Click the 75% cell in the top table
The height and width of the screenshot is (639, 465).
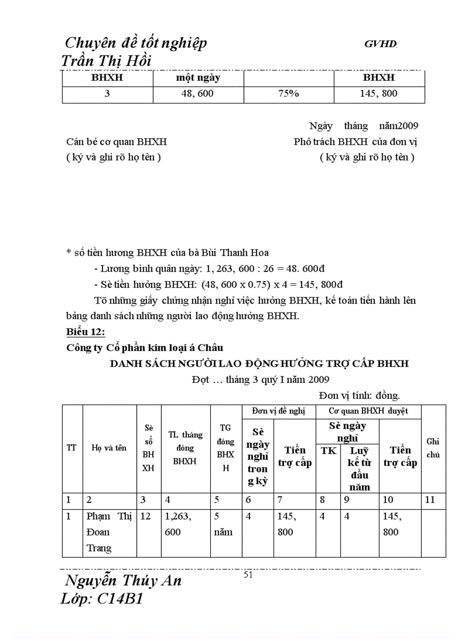click(x=288, y=94)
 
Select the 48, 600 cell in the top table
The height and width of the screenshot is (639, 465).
click(x=197, y=94)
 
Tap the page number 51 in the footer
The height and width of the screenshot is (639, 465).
click(x=248, y=575)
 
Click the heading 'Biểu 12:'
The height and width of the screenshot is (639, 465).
click(x=86, y=332)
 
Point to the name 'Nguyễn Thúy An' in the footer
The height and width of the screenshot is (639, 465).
click(x=123, y=581)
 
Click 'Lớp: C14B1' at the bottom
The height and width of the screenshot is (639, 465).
click(x=101, y=599)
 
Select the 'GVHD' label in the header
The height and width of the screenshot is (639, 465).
click(x=380, y=44)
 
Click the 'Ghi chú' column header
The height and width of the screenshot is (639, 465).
click(x=433, y=448)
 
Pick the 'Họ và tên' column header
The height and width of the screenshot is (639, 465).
click(x=109, y=448)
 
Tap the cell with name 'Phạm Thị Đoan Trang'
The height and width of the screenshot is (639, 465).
click(x=109, y=533)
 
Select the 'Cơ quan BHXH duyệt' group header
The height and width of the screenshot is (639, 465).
click(x=368, y=411)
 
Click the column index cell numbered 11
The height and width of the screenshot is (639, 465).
click(x=430, y=500)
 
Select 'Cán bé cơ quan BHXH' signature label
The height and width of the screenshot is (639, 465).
click(x=117, y=142)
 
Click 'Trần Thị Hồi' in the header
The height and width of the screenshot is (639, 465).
click(x=106, y=61)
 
